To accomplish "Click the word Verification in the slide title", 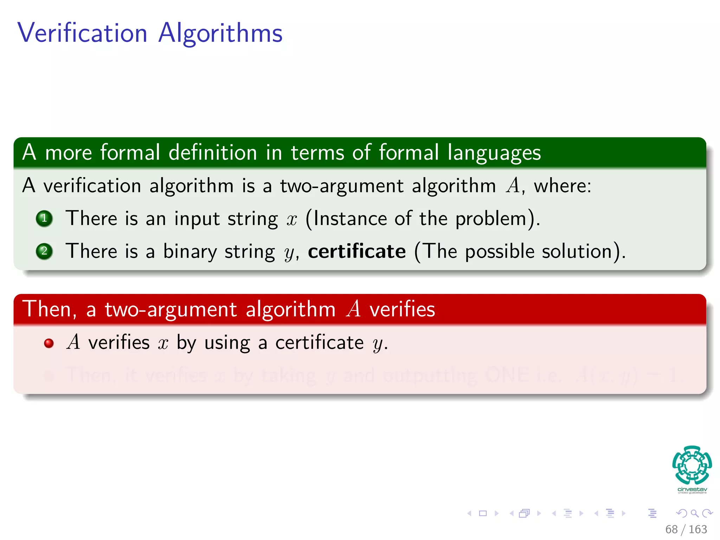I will click(82, 33).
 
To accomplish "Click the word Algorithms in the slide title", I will click(220, 33).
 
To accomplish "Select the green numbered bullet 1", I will click(44, 218).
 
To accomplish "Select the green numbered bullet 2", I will click(44, 251).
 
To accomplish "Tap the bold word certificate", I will click(357, 251).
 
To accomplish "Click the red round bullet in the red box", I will click(49, 343).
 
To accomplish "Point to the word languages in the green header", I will click(494, 153).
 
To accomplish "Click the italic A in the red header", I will click(354, 309).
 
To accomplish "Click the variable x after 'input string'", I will click(292, 219).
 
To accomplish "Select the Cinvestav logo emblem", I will click(692, 465).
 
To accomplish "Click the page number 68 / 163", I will click(686, 529).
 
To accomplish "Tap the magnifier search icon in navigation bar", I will click(694, 513).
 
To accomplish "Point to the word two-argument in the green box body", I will click(341, 186).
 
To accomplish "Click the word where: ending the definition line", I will click(562, 186).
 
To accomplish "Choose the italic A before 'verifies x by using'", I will click(73, 342).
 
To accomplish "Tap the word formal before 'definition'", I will click(130, 153).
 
